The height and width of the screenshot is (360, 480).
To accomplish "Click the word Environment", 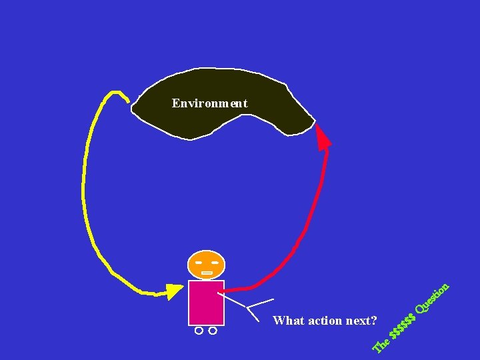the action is click(x=209, y=103).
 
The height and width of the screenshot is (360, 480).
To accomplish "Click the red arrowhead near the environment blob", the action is click(x=323, y=137).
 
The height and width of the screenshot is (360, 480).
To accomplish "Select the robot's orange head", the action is click(x=207, y=265).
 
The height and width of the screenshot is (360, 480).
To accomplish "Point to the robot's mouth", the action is click(x=207, y=273).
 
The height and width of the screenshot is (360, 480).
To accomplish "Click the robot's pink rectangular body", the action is click(x=205, y=302).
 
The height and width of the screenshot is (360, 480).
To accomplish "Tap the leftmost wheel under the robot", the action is click(x=199, y=330).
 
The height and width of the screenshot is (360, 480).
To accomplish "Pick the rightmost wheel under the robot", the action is click(x=213, y=330).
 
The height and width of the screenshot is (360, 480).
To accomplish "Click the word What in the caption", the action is click(x=288, y=321).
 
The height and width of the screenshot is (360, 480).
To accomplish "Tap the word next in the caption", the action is click(x=359, y=321).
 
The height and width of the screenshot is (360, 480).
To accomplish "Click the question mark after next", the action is click(x=374, y=321).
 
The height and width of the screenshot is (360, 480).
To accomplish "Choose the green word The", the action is click(x=382, y=343).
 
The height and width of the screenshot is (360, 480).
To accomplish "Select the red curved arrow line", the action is click(x=313, y=227).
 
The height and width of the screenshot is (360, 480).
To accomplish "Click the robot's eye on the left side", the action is click(x=199, y=261).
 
